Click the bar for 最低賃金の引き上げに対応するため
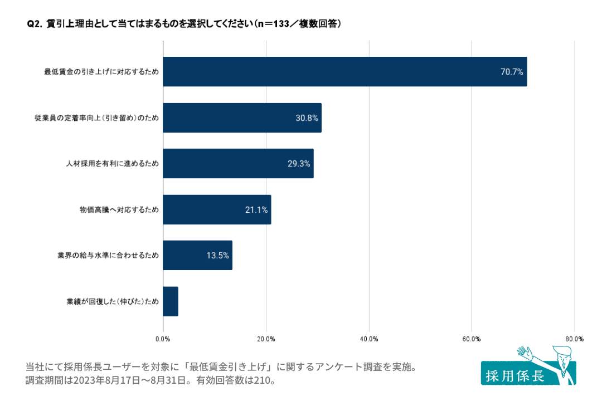pos(344,71)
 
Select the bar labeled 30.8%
pos(242,118)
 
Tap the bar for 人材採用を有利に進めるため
pos(238,163)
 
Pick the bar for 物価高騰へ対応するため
pos(217,209)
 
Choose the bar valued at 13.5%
pos(197,256)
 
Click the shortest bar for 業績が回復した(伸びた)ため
pos(171,301)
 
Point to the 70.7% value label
pos(511,72)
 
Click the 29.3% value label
pos(298,164)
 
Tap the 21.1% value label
pos(256,210)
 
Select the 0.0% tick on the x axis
pos(163,339)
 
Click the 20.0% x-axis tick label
pos(266,339)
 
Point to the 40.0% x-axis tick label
pos(369,339)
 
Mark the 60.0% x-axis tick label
pos(472,339)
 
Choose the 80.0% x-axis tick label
pos(574,339)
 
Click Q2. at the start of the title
pos(35,24)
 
